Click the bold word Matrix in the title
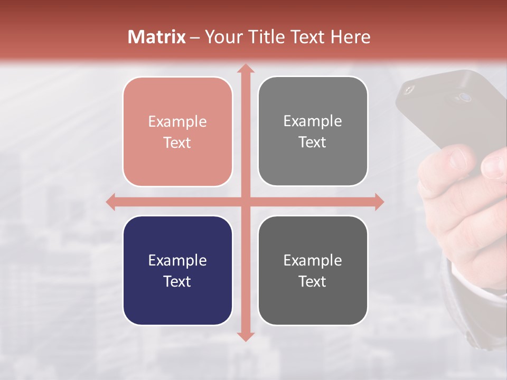[x=157, y=37]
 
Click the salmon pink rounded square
[x=177, y=131]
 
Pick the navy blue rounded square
[x=177, y=270]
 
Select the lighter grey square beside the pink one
[x=313, y=131]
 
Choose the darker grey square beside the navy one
[x=313, y=270]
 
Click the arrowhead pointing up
[x=245, y=69]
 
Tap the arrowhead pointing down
[x=245, y=336]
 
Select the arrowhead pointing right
[x=379, y=202]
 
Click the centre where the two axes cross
[x=245, y=202]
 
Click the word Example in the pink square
[x=177, y=122]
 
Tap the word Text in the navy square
[x=177, y=281]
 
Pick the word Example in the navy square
[x=177, y=260]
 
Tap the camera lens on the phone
[x=465, y=97]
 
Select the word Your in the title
[x=221, y=37]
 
